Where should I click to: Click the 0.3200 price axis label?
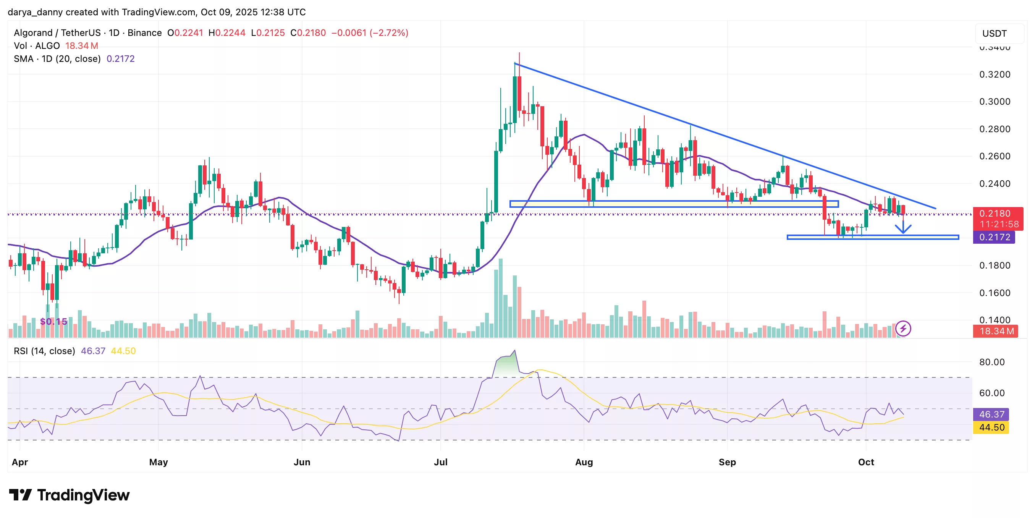tap(995, 74)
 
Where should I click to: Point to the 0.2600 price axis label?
tap(995, 156)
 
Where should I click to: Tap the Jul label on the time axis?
tap(440, 462)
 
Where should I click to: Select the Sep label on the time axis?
tap(727, 462)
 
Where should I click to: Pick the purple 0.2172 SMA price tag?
tap(994, 237)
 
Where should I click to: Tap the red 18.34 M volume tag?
tap(996, 331)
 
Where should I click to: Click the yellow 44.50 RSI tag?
tap(991, 427)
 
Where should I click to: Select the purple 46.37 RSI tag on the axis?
tap(991, 414)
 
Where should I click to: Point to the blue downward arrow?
tap(903, 228)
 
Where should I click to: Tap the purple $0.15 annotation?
tap(53, 322)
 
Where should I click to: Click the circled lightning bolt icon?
tap(903, 329)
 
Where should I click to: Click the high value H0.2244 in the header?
tap(226, 33)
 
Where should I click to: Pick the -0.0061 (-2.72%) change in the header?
tap(369, 33)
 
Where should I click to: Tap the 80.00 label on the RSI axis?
tap(991, 362)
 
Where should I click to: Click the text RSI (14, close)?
tap(44, 351)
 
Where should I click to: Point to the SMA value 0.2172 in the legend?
tap(120, 59)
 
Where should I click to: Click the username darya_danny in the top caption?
tap(35, 12)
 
